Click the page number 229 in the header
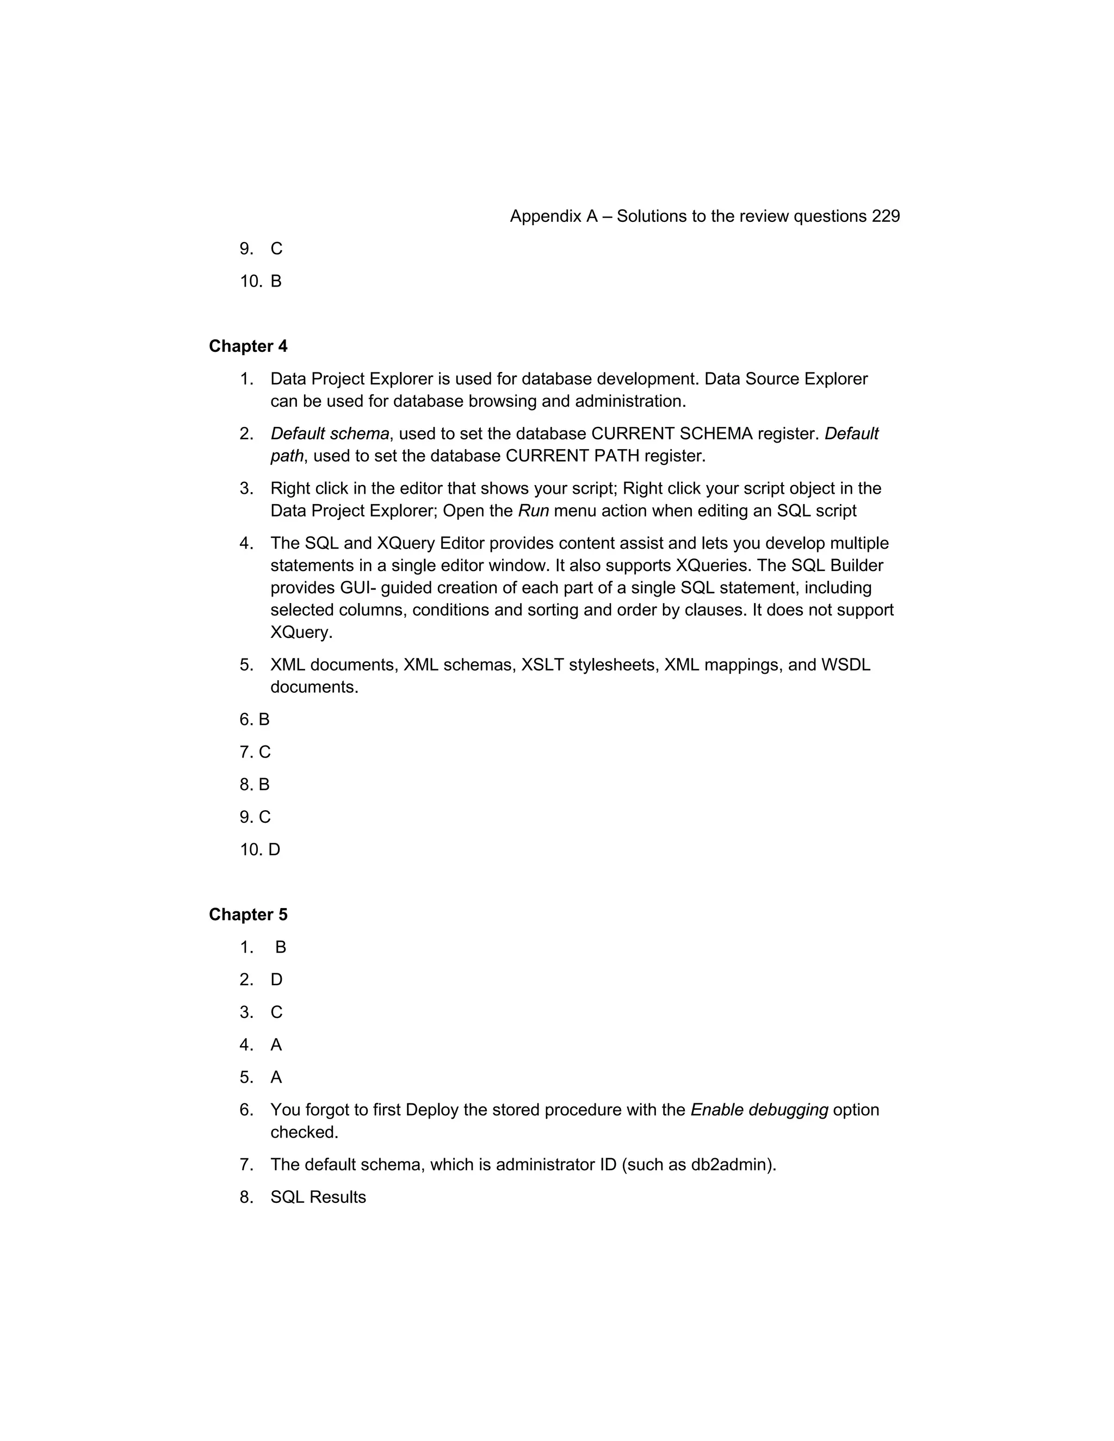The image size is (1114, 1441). [x=885, y=216]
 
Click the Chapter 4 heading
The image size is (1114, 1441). [x=248, y=346]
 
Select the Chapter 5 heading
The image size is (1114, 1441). [x=248, y=915]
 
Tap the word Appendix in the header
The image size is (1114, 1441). [x=545, y=216]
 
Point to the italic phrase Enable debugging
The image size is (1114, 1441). [x=759, y=1110]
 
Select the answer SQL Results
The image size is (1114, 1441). [x=318, y=1197]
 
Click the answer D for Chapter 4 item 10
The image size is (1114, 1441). [x=275, y=850]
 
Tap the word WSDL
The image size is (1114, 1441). [x=845, y=664]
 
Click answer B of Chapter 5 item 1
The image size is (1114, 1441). [x=281, y=947]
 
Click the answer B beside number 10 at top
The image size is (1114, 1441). [x=276, y=282]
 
